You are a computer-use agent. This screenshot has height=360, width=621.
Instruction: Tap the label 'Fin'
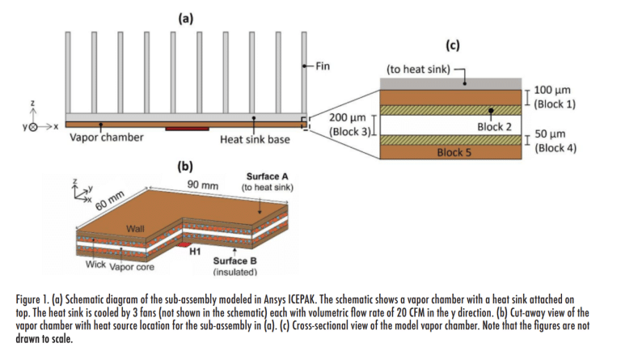[321, 66]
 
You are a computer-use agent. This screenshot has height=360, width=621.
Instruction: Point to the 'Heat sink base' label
[255, 139]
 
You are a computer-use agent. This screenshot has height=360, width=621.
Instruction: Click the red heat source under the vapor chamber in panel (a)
[187, 127]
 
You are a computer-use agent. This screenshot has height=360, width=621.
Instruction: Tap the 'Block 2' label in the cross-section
[494, 126]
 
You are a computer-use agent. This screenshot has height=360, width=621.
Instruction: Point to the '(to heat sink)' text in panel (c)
[417, 70]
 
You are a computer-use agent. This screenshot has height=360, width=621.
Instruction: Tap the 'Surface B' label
[234, 261]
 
